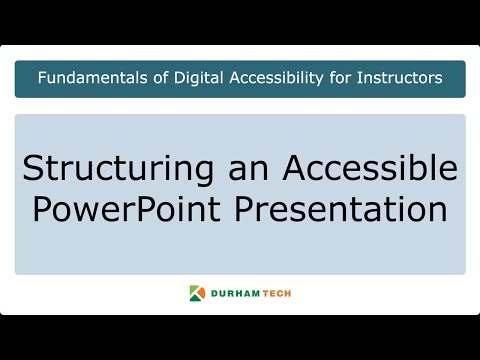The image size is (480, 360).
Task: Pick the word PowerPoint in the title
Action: pos(129,210)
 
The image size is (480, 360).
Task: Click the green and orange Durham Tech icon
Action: pos(196,293)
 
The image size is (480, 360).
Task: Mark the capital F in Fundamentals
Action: pos(39,79)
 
